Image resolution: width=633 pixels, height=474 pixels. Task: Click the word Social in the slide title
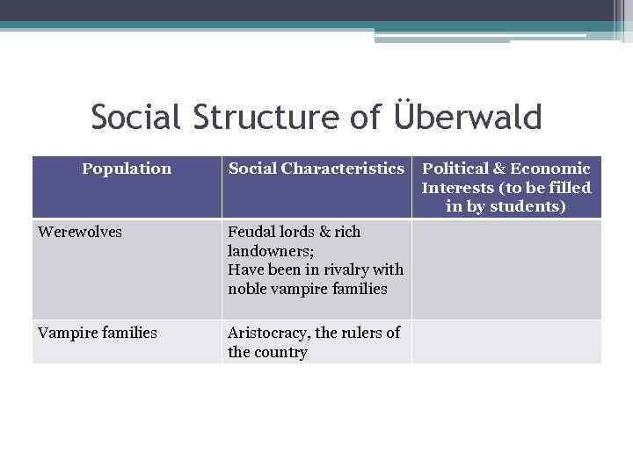pos(135,117)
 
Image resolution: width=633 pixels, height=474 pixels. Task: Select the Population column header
pos(127,169)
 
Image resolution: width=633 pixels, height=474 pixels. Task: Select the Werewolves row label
pos(80,232)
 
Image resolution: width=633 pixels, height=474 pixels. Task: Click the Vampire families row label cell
pos(98,333)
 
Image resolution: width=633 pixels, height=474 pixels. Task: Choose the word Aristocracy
pos(268,333)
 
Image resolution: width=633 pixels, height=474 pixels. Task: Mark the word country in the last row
pos(280,352)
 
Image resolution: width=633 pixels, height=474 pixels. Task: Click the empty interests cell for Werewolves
pos(506,269)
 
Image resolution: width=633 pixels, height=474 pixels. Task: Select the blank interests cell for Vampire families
pos(506,341)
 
